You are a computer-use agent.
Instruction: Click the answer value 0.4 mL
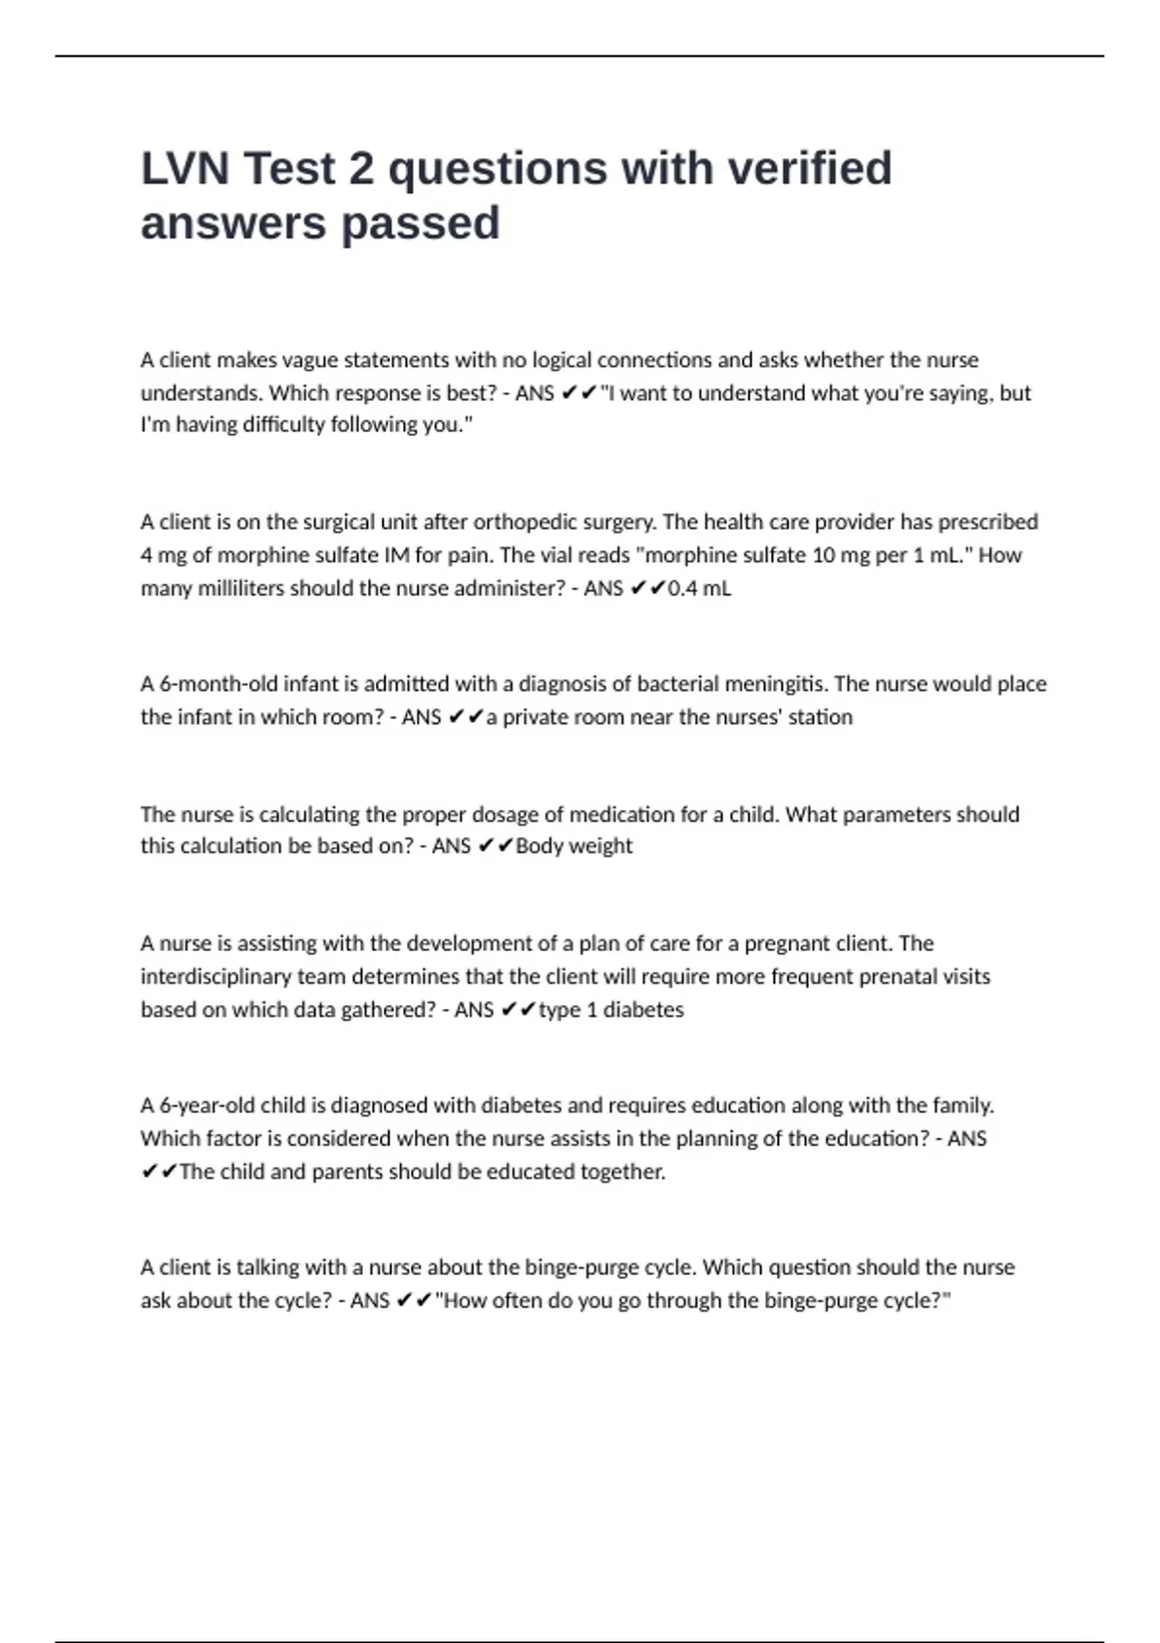(699, 589)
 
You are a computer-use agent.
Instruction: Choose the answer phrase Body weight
(574, 847)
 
